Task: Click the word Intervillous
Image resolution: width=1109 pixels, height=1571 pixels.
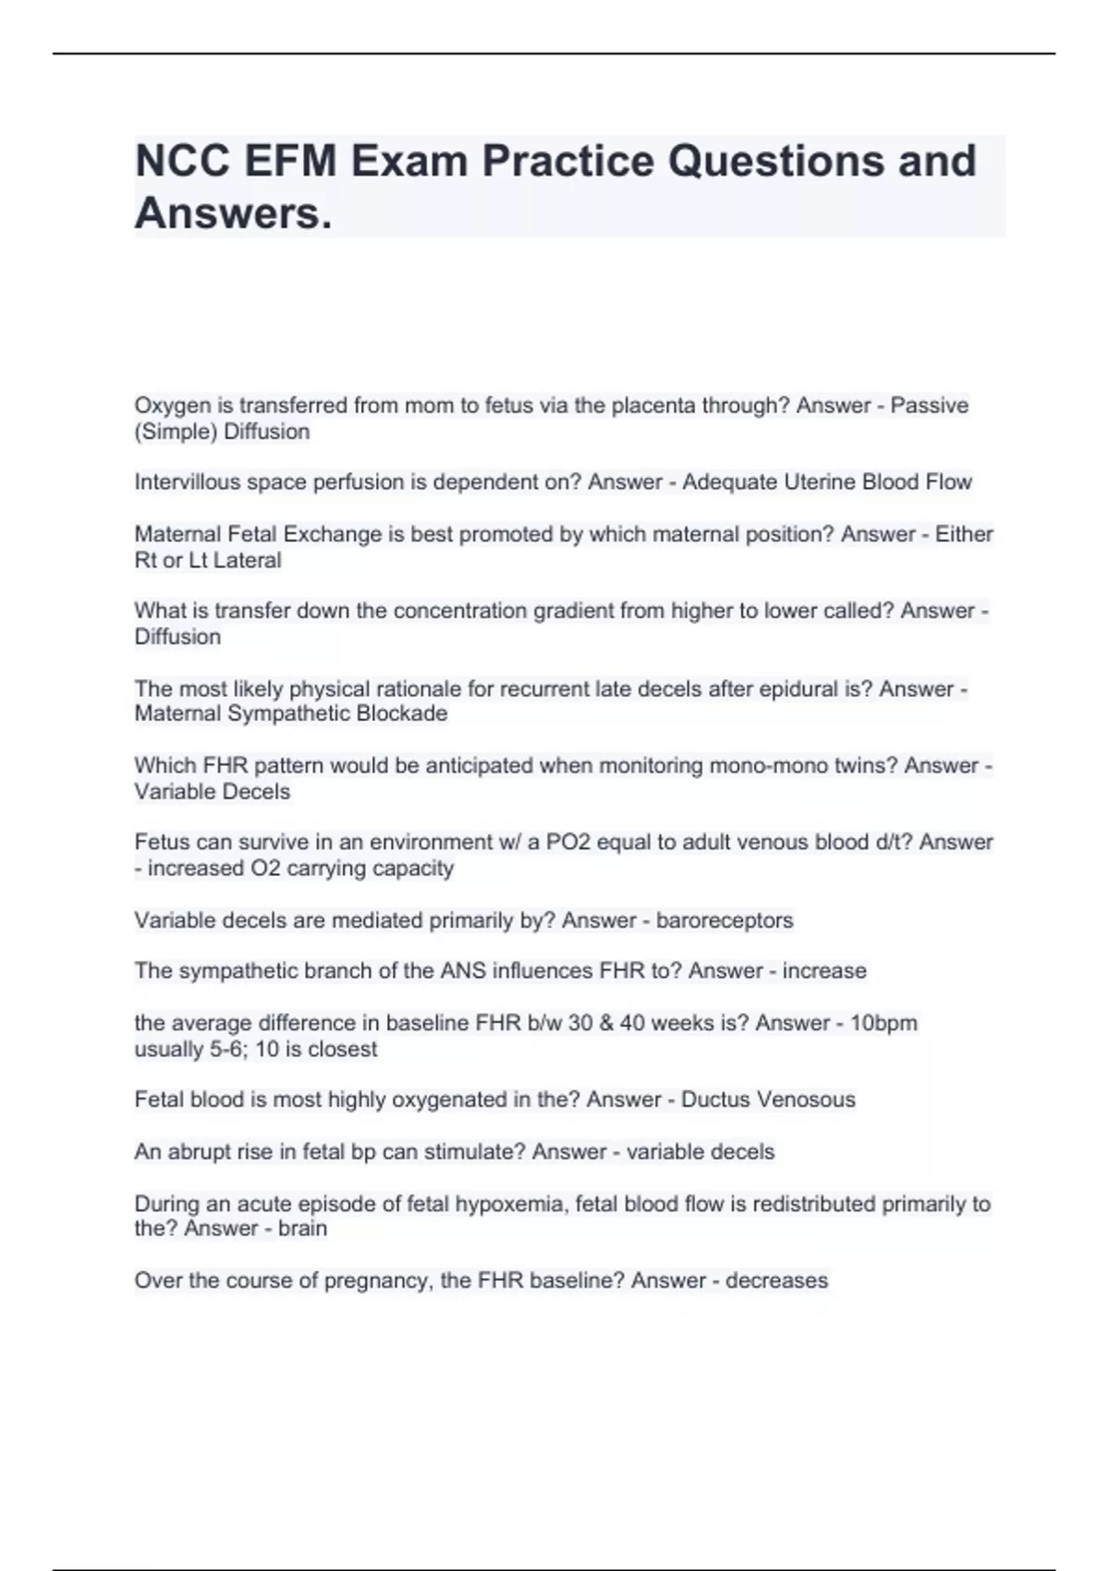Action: (186, 482)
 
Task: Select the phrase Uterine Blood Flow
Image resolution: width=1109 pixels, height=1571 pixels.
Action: (826, 482)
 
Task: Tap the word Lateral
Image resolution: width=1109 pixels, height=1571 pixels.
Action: (247, 560)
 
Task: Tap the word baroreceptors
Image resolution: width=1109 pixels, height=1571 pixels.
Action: (725, 920)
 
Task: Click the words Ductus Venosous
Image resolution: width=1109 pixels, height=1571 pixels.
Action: (768, 1100)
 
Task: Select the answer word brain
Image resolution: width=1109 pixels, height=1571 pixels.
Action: (302, 1228)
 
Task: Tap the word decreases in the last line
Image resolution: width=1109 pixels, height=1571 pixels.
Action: (776, 1281)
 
